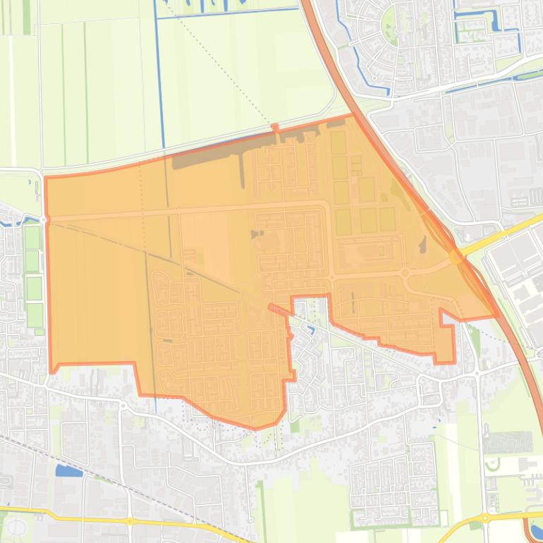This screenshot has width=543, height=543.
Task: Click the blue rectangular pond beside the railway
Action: point(68,470)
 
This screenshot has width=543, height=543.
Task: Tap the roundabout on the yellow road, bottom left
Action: point(130,521)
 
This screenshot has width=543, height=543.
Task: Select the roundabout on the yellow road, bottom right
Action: point(487,518)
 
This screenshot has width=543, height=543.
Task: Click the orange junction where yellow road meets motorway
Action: point(456,257)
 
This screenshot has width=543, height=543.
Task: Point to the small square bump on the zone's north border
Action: point(275,128)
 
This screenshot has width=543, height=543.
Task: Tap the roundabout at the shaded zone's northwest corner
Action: point(44,220)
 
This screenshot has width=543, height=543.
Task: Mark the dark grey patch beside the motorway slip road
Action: point(422,245)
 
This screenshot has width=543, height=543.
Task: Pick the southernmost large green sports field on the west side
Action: point(35,315)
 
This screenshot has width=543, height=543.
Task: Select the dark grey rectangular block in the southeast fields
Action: point(507,443)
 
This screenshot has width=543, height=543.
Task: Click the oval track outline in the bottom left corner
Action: point(16,527)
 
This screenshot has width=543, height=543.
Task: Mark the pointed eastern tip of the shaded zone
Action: point(498,315)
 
